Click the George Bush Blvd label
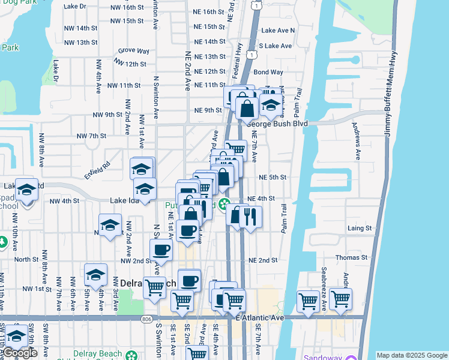[277, 124]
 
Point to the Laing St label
[360, 229]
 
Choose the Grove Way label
[134, 52]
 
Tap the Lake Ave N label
[279, 30]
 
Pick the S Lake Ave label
[275, 46]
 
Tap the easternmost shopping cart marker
[340, 298]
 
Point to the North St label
[26, 260]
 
